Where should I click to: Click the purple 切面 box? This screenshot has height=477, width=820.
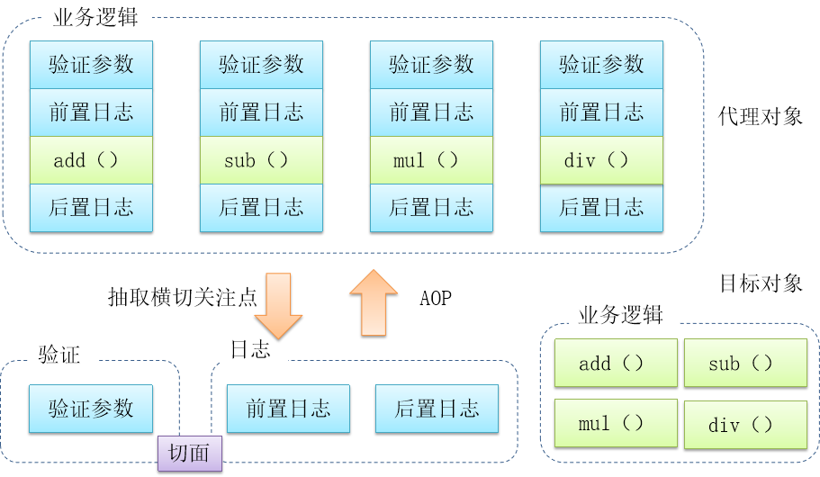189,453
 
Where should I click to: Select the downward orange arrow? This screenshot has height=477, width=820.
278,306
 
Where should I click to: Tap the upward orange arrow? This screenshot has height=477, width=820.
374,303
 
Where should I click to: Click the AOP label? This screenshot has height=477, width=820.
436,299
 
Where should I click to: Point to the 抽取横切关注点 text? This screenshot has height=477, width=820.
182,298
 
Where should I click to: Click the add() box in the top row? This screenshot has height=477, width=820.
91,160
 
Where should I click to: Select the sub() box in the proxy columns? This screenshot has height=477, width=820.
261,160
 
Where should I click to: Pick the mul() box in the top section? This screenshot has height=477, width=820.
431,160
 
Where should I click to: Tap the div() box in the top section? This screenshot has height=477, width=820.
601,161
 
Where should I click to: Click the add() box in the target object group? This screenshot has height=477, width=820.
616,364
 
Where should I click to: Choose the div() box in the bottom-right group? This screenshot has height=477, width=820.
745,425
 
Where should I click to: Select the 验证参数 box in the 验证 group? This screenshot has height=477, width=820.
91,409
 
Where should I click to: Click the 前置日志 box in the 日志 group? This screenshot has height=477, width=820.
288,409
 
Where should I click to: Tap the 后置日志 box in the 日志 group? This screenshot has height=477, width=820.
437,409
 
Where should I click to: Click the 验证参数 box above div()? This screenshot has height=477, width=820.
601,64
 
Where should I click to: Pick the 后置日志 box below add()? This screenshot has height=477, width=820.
91,208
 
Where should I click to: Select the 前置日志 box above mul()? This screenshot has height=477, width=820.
431,112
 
